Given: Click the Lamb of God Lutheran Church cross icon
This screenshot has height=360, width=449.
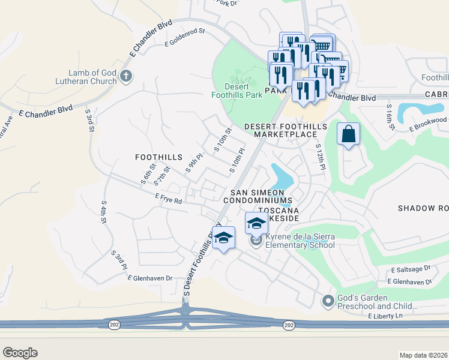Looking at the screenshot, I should (125, 76).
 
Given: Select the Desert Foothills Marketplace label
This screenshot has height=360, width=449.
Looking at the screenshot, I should (286, 130).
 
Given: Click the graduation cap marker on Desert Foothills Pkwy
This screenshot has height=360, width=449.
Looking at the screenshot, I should (224, 238).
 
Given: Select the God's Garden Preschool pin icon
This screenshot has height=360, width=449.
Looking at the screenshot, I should (328, 301).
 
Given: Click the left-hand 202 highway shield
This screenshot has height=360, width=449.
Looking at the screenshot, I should (114, 325).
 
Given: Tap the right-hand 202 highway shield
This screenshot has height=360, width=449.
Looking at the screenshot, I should (289, 325).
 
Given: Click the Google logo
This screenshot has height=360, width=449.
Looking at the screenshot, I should (20, 352).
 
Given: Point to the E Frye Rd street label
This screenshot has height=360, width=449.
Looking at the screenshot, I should (168, 199).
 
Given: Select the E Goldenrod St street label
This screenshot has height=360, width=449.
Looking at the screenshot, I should (185, 37).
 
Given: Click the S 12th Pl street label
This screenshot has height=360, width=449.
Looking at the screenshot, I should (319, 157).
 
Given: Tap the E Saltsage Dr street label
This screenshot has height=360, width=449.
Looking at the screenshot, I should (411, 271).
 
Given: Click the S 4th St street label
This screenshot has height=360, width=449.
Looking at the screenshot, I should (104, 212).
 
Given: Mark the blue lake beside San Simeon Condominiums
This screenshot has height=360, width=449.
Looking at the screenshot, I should (281, 176).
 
